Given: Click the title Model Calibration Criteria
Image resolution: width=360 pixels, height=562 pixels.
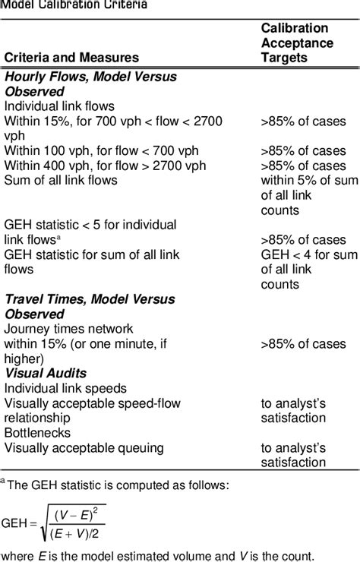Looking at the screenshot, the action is tap(74, 5).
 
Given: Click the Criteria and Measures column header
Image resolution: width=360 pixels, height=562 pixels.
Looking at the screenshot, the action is tap(72, 57).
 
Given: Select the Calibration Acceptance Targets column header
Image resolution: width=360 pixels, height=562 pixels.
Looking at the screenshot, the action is tap(297, 43).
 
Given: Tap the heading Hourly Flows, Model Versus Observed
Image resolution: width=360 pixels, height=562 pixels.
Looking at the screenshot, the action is tap(90, 84).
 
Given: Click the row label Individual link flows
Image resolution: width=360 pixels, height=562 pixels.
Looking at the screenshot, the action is tap(59, 106).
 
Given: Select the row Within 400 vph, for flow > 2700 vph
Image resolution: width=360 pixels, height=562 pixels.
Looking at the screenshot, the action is tap(105, 166).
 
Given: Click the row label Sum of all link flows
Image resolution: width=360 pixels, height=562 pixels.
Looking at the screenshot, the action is tap(61, 180).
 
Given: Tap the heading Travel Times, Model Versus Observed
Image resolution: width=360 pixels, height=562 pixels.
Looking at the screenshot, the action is tap(89, 307).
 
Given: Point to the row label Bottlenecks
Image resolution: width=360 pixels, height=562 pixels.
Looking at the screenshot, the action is tap(36, 433).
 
